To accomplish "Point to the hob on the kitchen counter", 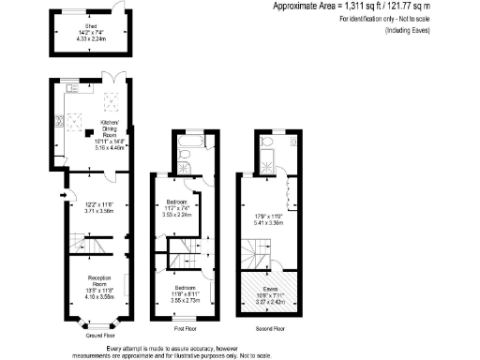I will pos(59,119).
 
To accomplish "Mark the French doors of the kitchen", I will pos(111,78).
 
